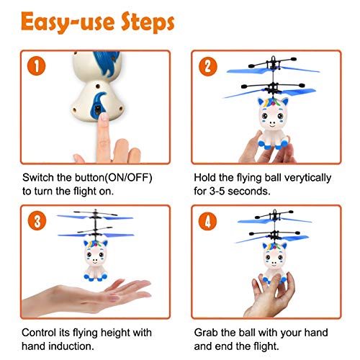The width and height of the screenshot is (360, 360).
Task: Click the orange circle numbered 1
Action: (37, 66)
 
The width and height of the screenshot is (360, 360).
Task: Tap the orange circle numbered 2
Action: (208, 66)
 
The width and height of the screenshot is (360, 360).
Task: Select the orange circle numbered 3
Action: (37, 221)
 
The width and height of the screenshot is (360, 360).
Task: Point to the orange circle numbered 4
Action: (207, 221)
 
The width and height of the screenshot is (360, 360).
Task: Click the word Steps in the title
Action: (148, 22)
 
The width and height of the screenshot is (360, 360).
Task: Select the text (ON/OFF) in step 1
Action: (129, 178)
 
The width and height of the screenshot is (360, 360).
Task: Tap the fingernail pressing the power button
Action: (104, 117)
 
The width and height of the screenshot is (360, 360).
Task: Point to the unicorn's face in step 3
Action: (96, 255)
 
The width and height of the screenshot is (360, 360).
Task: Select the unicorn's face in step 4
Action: (274, 258)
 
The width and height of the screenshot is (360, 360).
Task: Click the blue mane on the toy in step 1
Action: (107, 63)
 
